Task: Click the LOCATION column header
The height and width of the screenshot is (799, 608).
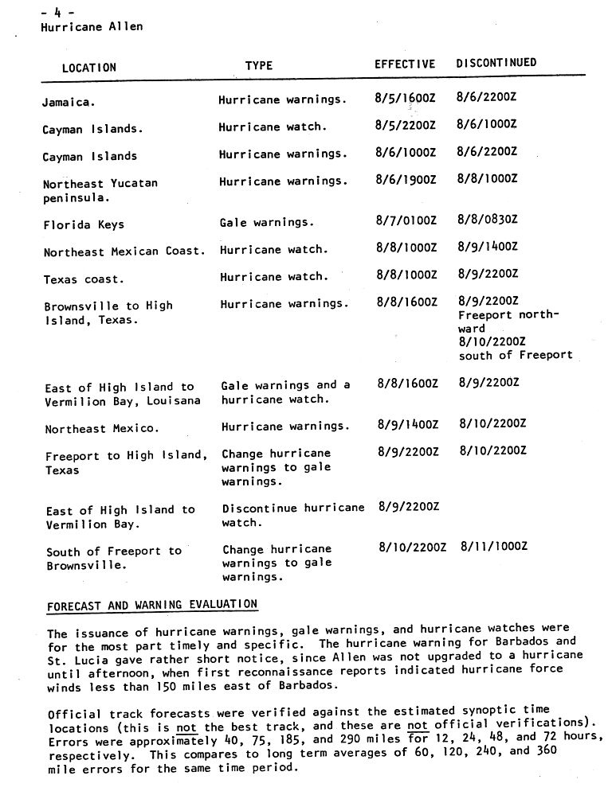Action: (88, 68)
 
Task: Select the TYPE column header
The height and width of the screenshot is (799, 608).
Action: (258, 66)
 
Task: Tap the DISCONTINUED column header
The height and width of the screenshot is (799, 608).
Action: (496, 63)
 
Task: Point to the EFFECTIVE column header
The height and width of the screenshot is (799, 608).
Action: (405, 64)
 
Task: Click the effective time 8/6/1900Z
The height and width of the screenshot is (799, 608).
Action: (406, 180)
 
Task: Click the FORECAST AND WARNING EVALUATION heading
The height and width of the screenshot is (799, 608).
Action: (151, 606)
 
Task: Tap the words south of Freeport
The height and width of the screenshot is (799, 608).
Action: (515, 355)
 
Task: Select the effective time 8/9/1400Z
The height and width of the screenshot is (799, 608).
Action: (407, 426)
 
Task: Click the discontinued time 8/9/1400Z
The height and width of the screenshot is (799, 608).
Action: (487, 248)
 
